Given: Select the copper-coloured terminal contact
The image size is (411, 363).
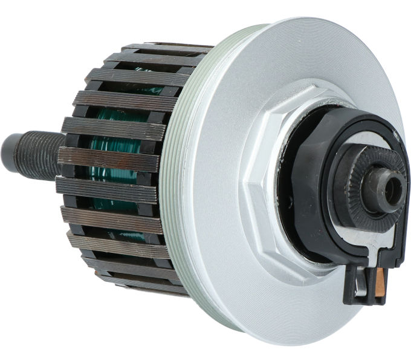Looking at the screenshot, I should click(380, 284).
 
